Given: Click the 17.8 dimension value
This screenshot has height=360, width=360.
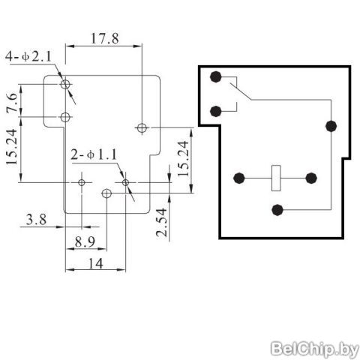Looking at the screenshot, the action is [104, 38].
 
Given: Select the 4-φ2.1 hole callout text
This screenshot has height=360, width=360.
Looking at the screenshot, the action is [28, 56].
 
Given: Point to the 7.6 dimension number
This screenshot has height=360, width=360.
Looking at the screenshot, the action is [12, 103].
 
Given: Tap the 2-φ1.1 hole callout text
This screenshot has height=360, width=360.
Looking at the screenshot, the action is [94, 154].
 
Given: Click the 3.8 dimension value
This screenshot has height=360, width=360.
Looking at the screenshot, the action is [37, 220].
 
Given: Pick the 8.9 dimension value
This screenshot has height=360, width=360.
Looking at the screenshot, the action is [85, 242].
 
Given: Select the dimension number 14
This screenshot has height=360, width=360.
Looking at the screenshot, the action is [96, 263].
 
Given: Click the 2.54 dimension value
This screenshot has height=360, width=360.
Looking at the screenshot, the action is [162, 223].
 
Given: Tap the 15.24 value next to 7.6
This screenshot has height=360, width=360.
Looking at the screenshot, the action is [12, 147].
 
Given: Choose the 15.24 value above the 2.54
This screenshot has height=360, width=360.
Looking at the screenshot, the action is [184, 158].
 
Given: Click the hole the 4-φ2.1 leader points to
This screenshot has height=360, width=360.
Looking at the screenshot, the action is [65, 84].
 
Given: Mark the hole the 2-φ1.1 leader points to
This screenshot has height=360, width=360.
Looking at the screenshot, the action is [125, 182].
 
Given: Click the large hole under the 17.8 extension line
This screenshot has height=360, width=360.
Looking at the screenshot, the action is [142, 127].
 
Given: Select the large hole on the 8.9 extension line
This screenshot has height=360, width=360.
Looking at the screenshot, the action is [106, 193].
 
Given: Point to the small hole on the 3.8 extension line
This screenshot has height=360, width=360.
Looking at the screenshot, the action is [82, 182].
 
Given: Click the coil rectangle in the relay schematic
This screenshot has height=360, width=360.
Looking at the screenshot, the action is [276, 178].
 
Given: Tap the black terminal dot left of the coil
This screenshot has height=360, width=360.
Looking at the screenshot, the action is [239, 178].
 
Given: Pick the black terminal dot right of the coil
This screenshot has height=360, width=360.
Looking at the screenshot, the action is [311, 178].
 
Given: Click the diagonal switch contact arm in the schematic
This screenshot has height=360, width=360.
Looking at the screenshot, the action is [241, 91].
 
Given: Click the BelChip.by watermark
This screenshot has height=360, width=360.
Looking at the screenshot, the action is [315, 349].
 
